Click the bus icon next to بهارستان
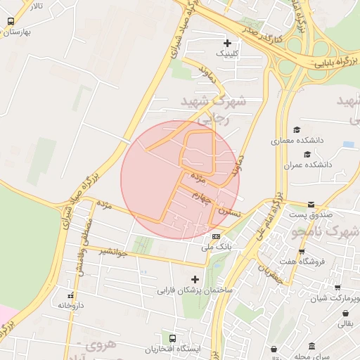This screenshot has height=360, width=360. tap(10, 22)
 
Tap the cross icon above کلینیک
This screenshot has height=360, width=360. tap(226, 43)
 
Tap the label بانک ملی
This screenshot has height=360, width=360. tap(217, 247)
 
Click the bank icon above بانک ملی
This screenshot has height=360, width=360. tap(216, 236)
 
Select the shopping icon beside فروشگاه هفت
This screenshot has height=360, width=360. tap(302, 252)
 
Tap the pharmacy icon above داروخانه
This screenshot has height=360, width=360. tap(70, 295)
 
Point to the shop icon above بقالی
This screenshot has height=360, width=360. tap(346, 313)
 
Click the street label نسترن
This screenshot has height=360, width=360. tap(229, 210)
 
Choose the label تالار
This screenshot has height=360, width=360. tap(35, 6)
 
